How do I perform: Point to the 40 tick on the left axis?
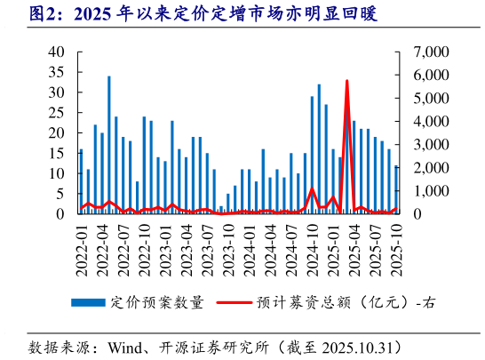55,52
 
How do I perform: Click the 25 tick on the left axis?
55,113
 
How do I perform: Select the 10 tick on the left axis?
55,173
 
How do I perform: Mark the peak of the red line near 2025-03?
346,81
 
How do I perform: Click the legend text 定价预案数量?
156,303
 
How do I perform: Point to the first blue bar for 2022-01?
81,182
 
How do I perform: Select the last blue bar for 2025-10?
396,189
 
